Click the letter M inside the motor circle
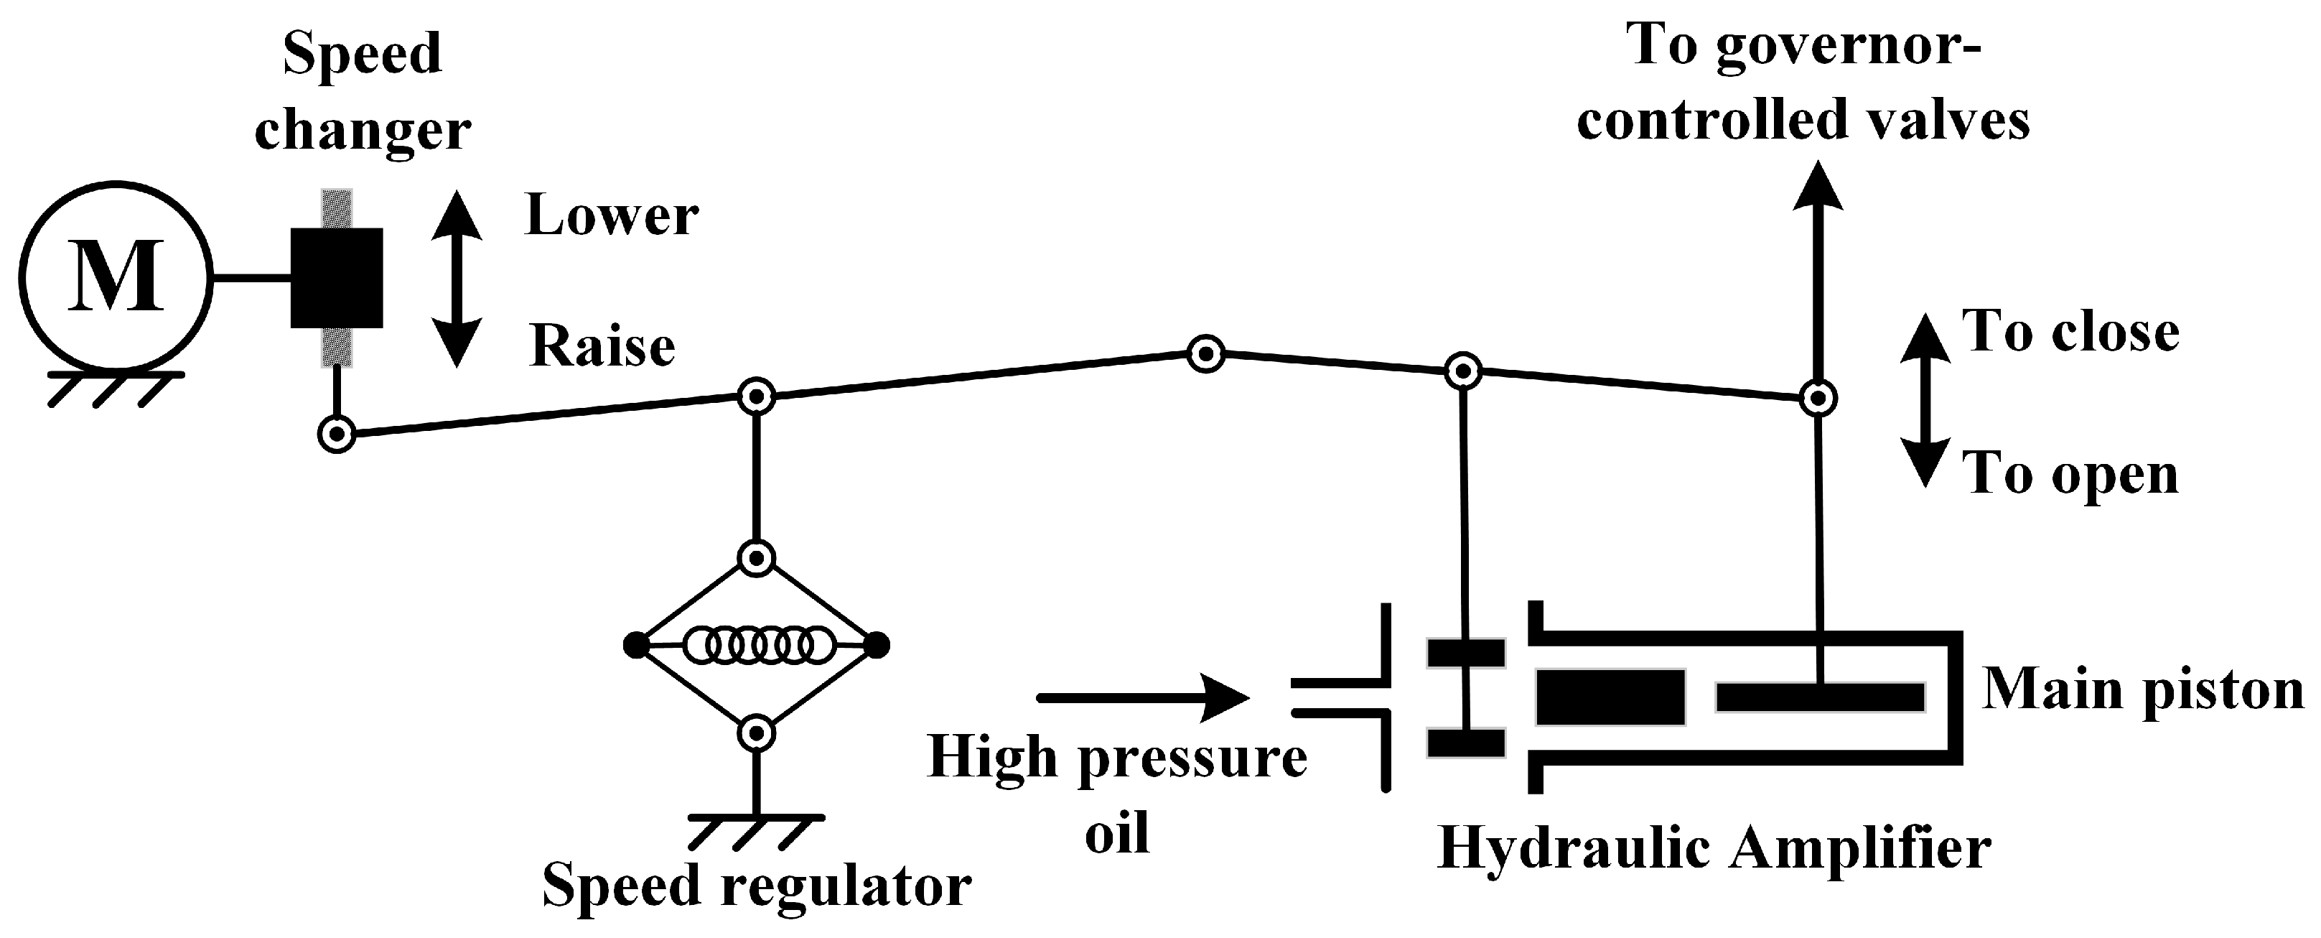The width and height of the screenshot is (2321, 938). [x=116, y=277]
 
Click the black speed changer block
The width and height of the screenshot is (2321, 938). [x=336, y=277]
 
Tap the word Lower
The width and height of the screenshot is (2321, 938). [x=612, y=216]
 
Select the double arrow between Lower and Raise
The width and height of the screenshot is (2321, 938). [x=457, y=279]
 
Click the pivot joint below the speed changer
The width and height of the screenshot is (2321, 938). [x=337, y=435]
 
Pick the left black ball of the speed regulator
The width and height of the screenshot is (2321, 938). [x=635, y=645]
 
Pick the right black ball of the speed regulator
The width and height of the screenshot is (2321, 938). [x=877, y=645]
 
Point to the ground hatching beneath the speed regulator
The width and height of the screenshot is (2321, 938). [x=756, y=831]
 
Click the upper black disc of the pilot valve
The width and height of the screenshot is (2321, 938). [x=1466, y=652]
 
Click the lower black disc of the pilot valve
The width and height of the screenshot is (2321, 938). [x=1466, y=743]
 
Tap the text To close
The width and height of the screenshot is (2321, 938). [x=2070, y=332]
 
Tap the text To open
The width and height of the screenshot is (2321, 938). [x=2070, y=473]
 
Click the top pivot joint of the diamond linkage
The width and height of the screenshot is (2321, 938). [x=757, y=558]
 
